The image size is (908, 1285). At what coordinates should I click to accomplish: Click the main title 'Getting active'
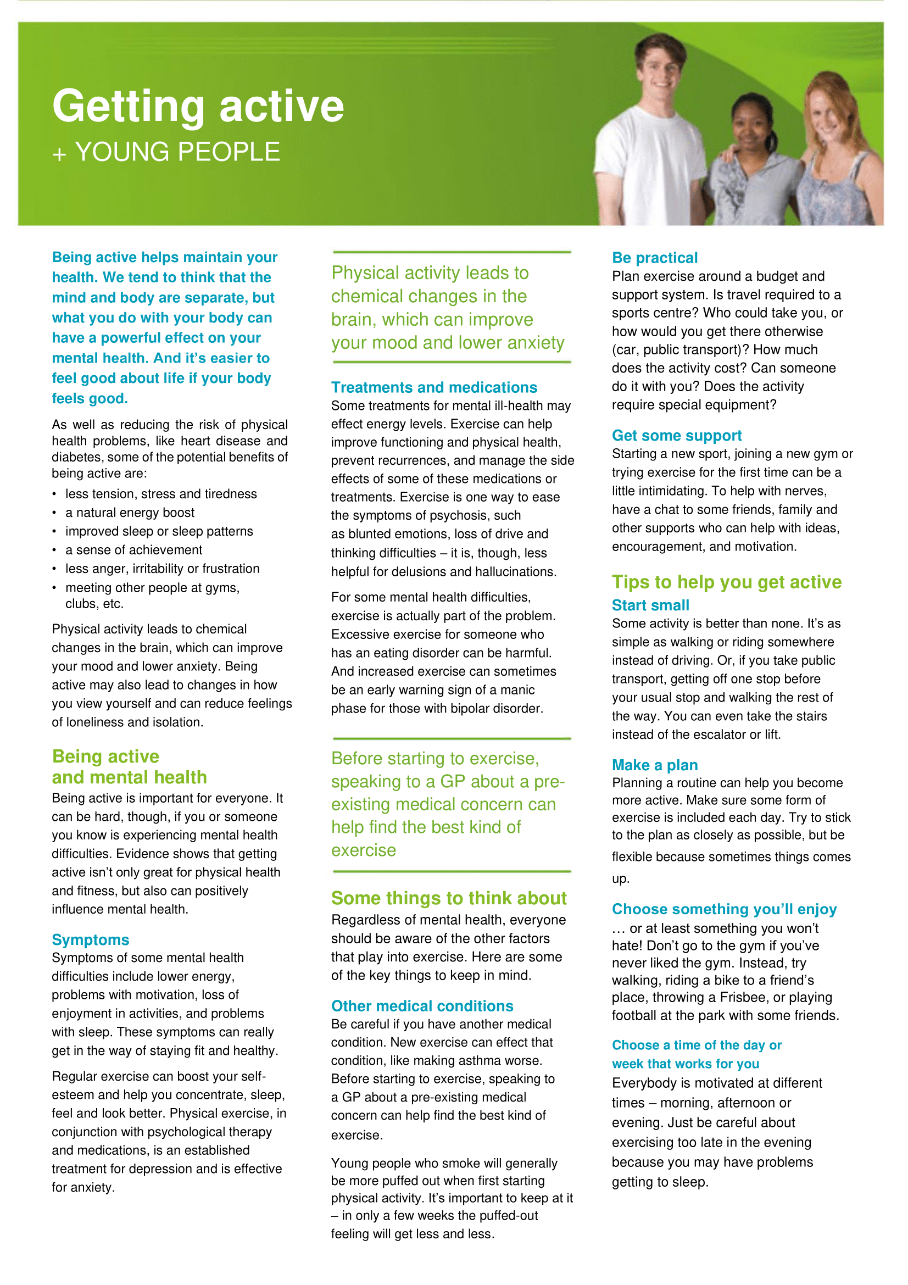[198, 107]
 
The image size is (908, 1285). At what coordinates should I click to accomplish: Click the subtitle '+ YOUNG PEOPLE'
[166, 152]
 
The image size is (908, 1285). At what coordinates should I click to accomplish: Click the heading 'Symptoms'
[91, 939]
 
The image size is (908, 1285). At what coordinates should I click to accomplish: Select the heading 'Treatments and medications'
[433, 387]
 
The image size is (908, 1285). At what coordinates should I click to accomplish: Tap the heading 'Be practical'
[655, 258]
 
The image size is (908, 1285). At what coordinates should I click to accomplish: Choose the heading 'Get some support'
[676, 436]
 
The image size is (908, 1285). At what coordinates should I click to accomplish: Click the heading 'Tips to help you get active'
[726, 582]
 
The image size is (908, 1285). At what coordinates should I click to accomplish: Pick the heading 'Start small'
[650, 605]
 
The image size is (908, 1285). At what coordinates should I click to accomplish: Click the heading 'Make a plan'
[655, 765]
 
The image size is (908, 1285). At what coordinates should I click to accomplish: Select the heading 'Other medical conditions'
[422, 1006]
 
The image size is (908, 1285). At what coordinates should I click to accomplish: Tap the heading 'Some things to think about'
[449, 898]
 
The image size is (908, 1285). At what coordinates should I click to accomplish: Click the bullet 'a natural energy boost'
[130, 513]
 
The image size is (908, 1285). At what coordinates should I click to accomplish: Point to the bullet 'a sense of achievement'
[133, 550]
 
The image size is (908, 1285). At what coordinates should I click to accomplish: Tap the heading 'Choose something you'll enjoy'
[724, 909]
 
